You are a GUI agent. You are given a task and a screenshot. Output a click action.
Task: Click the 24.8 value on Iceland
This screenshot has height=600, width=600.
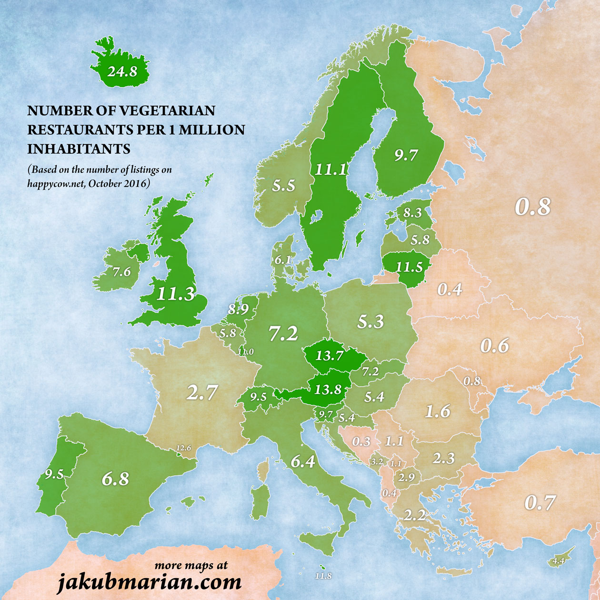point(122,72)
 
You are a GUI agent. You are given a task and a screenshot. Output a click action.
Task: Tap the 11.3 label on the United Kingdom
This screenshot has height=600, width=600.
point(176,294)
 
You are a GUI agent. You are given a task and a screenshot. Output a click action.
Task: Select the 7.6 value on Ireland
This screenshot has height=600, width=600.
point(121,272)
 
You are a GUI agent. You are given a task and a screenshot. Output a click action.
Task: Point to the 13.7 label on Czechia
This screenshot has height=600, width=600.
point(330,355)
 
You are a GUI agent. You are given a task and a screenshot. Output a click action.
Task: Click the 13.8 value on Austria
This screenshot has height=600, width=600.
point(328,390)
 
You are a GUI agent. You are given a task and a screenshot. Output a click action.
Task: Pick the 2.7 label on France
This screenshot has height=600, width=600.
point(202,393)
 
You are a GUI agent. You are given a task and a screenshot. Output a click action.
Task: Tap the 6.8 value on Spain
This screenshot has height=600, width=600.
point(115,479)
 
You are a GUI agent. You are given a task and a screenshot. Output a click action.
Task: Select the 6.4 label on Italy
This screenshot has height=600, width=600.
point(303,461)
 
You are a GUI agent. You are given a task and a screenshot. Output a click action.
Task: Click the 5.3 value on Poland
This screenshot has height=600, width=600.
point(370,322)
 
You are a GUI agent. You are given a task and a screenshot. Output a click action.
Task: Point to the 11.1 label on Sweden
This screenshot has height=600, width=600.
point(330,169)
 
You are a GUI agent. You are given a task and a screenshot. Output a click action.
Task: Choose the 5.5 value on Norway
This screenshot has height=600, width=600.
point(284,186)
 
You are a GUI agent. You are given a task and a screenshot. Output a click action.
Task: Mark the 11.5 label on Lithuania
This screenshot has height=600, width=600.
point(410,267)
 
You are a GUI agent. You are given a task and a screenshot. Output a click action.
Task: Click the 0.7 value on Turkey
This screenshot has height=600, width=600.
point(540,503)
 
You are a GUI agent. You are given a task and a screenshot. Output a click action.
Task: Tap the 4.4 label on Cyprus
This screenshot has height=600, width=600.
point(559,561)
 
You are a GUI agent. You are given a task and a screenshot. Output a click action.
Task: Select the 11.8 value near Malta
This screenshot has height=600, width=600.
point(323,576)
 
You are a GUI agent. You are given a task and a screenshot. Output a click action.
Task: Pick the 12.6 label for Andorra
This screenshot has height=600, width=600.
point(183,448)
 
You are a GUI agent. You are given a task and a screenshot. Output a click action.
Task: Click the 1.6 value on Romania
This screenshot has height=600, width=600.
point(437,411)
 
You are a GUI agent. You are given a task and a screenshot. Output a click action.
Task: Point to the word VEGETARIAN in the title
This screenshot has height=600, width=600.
point(167,110)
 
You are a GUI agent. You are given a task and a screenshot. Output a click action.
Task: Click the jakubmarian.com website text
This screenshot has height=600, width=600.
point(149,582)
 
